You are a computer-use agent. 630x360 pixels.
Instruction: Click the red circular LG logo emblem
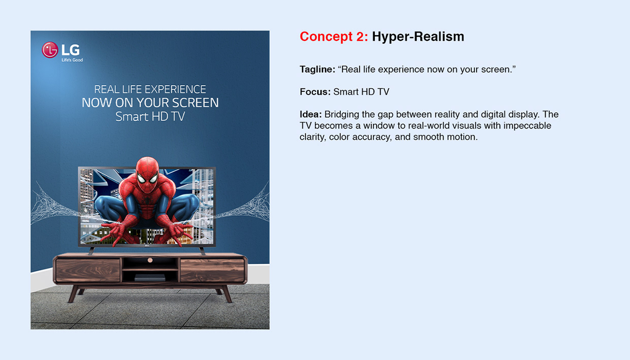[50, 50]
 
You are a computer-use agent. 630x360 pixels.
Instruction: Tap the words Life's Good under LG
[72, 60]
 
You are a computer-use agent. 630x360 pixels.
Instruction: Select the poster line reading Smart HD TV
[150, 116]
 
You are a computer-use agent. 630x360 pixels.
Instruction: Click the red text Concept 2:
[334, 37]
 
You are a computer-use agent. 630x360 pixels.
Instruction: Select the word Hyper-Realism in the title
[418, 37]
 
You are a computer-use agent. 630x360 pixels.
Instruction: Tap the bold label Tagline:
[317, 70]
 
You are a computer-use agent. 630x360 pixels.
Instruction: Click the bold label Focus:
[315, 92]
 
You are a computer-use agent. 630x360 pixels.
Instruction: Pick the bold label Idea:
[310, 114]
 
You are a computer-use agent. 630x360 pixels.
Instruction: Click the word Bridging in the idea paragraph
[341, 114]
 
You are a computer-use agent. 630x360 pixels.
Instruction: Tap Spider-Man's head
[147, 171]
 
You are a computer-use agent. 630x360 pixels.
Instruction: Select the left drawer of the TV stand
[88, 270]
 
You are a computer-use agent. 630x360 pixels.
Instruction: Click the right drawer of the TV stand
[212, 270]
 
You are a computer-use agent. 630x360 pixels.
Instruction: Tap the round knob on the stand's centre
[150, 260]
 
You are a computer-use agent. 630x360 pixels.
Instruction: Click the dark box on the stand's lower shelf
[150, 277]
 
